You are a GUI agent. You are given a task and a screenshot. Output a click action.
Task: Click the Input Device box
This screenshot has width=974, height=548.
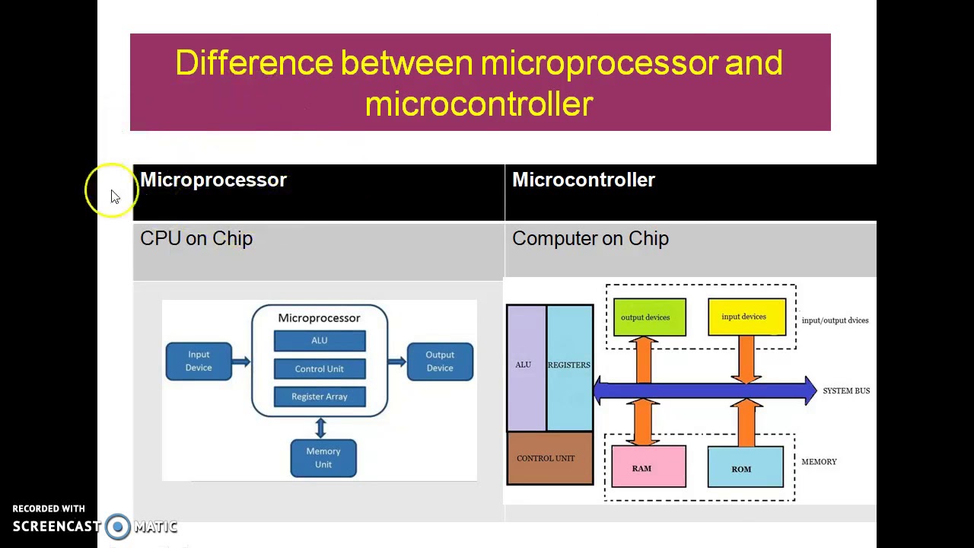[x=199, y=361]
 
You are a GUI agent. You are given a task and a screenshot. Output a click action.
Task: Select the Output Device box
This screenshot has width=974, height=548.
[x=440, y=362]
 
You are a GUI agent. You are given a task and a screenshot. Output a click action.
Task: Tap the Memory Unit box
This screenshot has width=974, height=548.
[x=323, y=458]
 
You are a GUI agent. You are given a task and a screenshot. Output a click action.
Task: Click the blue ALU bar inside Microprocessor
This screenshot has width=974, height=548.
[x=320, y=341]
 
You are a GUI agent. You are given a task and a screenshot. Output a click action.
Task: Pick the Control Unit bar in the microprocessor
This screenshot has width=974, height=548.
[x=320, y=369]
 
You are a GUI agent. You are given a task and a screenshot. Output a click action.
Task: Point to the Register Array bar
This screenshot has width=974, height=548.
[x=320, y=397]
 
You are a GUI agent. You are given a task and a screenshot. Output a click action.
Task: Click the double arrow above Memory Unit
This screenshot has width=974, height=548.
[x=320, y=428]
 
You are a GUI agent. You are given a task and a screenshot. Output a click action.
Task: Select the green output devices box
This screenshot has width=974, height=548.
[x=649, y=317]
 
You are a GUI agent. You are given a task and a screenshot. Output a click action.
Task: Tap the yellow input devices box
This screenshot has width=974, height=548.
[x=746, y=317]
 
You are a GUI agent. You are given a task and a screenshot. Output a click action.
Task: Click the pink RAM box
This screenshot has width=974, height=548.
[x=648, y=467]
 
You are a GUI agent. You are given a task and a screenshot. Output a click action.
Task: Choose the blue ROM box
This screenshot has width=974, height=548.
[x=745, y=467]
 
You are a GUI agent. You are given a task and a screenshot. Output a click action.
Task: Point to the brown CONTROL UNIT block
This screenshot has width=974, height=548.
[x=549, y=458]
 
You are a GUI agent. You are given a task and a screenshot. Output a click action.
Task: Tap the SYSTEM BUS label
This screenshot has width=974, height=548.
[x=845, y=391]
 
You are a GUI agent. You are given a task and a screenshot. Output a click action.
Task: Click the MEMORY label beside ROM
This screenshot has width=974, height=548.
[x=819, y=462]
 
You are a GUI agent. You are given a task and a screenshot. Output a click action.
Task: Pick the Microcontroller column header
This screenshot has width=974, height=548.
[x=584, y=180]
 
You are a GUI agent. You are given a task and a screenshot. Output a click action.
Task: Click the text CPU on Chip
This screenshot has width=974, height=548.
[x=196, y=239]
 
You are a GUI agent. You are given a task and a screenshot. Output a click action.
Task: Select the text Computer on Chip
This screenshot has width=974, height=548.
[x=590, y=239]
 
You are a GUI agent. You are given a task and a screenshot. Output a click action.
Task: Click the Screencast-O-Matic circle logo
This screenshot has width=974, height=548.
[x=118, y=527]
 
